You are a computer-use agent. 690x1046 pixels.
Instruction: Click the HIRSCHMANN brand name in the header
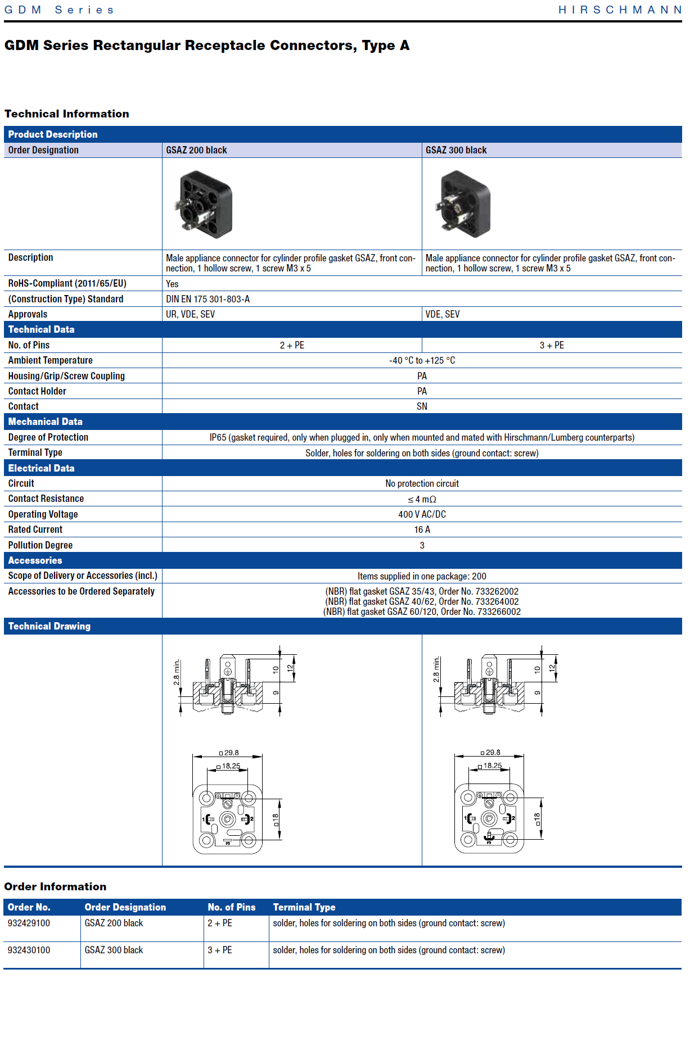point(620,10)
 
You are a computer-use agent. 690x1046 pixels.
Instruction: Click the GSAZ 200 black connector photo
point(205,205)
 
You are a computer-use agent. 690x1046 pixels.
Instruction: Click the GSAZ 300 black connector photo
point(465,205)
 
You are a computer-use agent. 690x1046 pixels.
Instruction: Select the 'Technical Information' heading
point(66,114)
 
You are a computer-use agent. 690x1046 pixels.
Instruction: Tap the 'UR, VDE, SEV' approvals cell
point(190,314)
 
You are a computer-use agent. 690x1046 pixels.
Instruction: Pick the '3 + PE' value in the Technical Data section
point(551,345)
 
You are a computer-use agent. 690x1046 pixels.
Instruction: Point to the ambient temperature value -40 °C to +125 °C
point(422,360)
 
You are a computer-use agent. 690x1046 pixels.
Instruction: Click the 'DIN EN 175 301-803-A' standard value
point(208,299)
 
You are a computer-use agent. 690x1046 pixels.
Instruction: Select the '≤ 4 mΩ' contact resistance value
point(422,499)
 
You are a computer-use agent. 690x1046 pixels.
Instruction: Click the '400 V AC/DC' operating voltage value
point(422,514)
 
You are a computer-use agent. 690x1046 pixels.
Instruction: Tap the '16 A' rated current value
point(422,529)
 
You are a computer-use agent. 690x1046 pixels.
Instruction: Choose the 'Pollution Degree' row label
point(40,545)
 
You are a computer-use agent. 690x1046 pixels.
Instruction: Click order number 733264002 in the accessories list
point(497,601)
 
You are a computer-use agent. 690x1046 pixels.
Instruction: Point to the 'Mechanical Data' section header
point(45,422)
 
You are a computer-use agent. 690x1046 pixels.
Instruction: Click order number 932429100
point(29,923)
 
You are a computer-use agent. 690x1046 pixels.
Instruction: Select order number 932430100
point(29,950)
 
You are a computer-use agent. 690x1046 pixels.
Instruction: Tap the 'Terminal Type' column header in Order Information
point(304,907)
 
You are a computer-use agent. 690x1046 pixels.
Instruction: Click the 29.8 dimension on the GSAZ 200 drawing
point(231,753)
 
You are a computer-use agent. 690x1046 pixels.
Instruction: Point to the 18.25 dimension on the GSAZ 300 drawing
point(493,766)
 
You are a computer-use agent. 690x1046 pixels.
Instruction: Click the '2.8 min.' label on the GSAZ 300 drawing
point(436,669)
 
